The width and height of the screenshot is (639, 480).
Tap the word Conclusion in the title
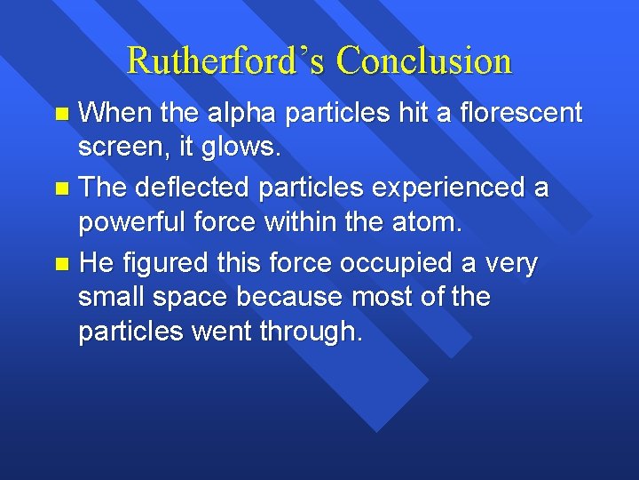[x=424, y=61]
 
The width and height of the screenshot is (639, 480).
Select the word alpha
[x=237, y=114]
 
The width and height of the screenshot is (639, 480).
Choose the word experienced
[x=447, y=188]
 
